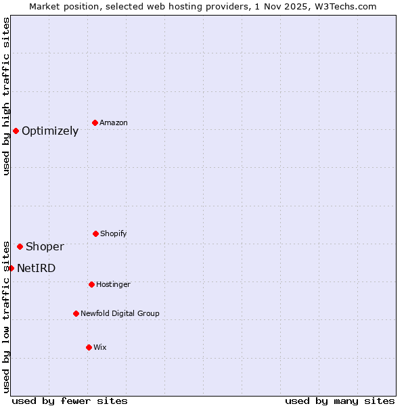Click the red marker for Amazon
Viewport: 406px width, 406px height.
pyautogui.click(x=95, y=122)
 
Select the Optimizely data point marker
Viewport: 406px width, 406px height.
pyautogui.click(x=16, y=131)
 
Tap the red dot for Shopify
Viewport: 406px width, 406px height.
pyautogui.click(x=95, y=233)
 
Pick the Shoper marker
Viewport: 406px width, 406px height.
pyautogui.click(x=20, y=246)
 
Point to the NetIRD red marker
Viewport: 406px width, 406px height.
pyautogui.click(x=11, y=268)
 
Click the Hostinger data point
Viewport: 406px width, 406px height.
pyautogui.click(x=91, y=284)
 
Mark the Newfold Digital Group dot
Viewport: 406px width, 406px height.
pyautogui.click(x=76, y=313)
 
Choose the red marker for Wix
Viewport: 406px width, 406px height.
pyautogui.click(x=89, y=347)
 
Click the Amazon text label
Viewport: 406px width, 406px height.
pyautogui.click(x=114, y=122)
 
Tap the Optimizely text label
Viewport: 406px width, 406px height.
pyautogui.click(x=50, y=131)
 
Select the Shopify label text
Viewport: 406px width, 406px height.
pyautogui.click(x=114, y=233)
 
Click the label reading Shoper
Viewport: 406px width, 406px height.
pyautogui.click(x=45, y=246)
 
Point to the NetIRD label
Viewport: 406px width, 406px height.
pyautogui.click(x=37, y=268)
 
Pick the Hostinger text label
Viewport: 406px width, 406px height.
pyautogui.click(x=113, y=284)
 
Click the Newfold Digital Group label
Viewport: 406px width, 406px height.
pyautogui.click(x=120, y=313)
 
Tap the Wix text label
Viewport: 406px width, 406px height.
pyautogui.click(x=100, y=347)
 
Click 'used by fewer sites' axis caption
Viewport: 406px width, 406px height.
pyautogui.click(x=70, y=401)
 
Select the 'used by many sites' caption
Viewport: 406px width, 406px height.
pyautogui.click(x=340, y=401)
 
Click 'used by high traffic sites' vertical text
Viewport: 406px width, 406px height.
pyautogui.click(x=6, y=96)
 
